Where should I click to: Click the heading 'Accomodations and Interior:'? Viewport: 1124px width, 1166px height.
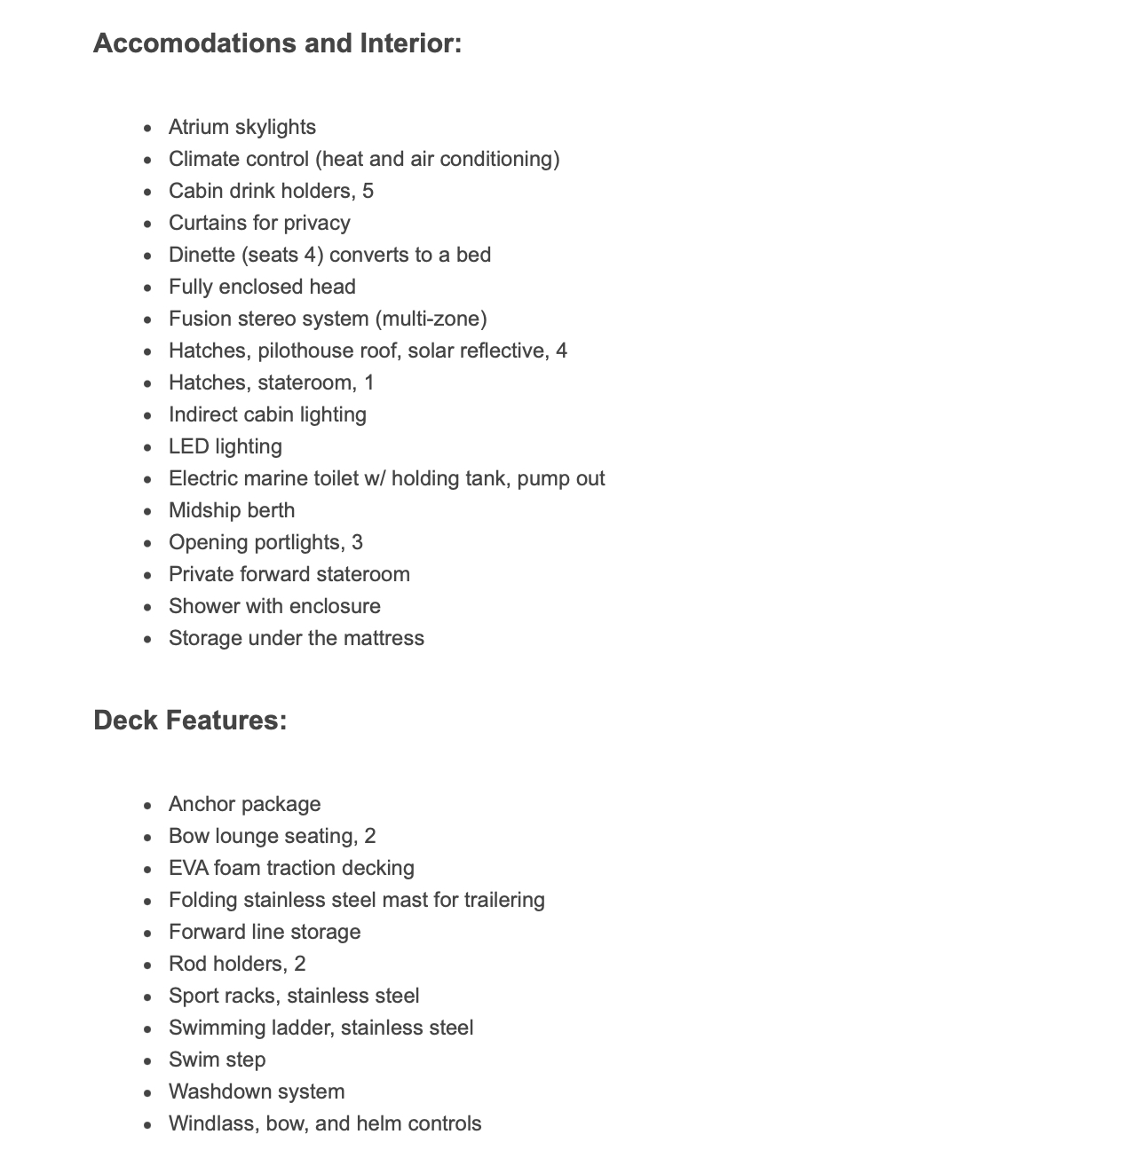(277, 43)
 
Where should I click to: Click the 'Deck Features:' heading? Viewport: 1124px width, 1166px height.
(190, 721)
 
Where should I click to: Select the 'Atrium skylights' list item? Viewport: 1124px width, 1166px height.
(241, 128)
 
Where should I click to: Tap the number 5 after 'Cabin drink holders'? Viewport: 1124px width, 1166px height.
(368, 192)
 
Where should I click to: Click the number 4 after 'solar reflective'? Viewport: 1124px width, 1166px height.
(561, 351)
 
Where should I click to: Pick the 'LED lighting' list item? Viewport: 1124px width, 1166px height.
(225, 447)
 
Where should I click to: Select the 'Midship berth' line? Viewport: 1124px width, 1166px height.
(232, 511)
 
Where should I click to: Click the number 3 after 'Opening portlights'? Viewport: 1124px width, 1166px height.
(357, 543)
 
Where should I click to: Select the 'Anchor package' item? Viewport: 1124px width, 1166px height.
(244, 805)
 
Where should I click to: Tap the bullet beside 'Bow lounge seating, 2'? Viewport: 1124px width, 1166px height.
(147, 838)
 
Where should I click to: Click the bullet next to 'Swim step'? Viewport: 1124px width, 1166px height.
(147, 1061)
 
